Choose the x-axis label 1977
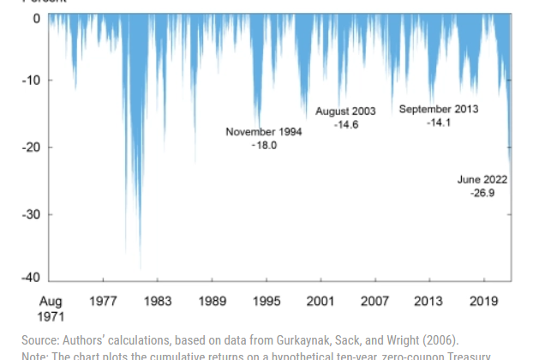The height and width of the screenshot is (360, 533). tap(103, 302)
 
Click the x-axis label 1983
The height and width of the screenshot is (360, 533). tap(158, 302)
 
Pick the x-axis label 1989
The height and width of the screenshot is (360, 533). tap(212, 302)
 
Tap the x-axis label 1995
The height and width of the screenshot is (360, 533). tap(266, 302)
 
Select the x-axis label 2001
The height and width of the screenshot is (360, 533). tap(320, 302)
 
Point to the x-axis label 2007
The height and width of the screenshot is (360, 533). tap(375, 302)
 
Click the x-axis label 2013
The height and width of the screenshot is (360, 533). tap(429, 302)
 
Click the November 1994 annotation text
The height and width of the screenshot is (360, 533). tap(264, 132)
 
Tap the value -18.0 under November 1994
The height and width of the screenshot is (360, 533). tap(264, 146)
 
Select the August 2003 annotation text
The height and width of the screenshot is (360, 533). tap(346, 111)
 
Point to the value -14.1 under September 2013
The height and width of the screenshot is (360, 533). tap(438, 123)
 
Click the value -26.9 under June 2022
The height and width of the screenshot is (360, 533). tap(482, 194)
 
